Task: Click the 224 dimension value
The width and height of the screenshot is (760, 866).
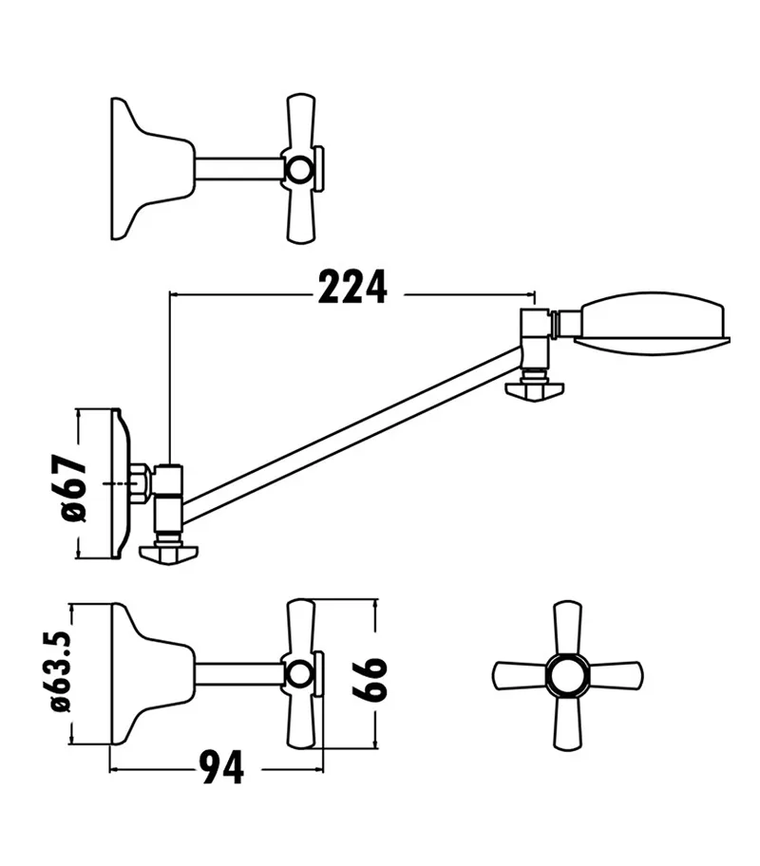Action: click(352, 288)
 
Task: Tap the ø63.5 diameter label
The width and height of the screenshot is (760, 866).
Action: click(62, 673)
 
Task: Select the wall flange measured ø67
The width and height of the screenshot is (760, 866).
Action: click(121, 484)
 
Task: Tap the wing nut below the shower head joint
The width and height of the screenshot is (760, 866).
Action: click(536, 389)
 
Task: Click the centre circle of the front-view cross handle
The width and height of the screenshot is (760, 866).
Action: click(567, 676)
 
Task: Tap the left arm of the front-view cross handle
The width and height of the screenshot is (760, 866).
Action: click(518, 676)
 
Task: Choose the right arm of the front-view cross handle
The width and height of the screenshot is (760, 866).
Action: click(617, 676)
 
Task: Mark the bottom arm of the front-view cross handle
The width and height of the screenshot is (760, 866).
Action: click(567, 725)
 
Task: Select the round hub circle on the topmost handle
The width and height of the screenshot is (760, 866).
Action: click(299, 170)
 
